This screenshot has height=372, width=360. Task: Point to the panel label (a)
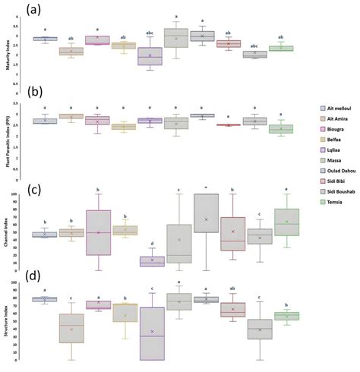coord(12,9)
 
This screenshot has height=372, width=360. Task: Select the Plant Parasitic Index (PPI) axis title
coord(7,121)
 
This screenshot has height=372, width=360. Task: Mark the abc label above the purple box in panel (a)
coord(150,33)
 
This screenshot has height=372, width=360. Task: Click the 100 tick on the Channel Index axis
coord(22,194)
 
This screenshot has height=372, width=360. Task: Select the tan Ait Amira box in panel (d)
coord(71,327)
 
